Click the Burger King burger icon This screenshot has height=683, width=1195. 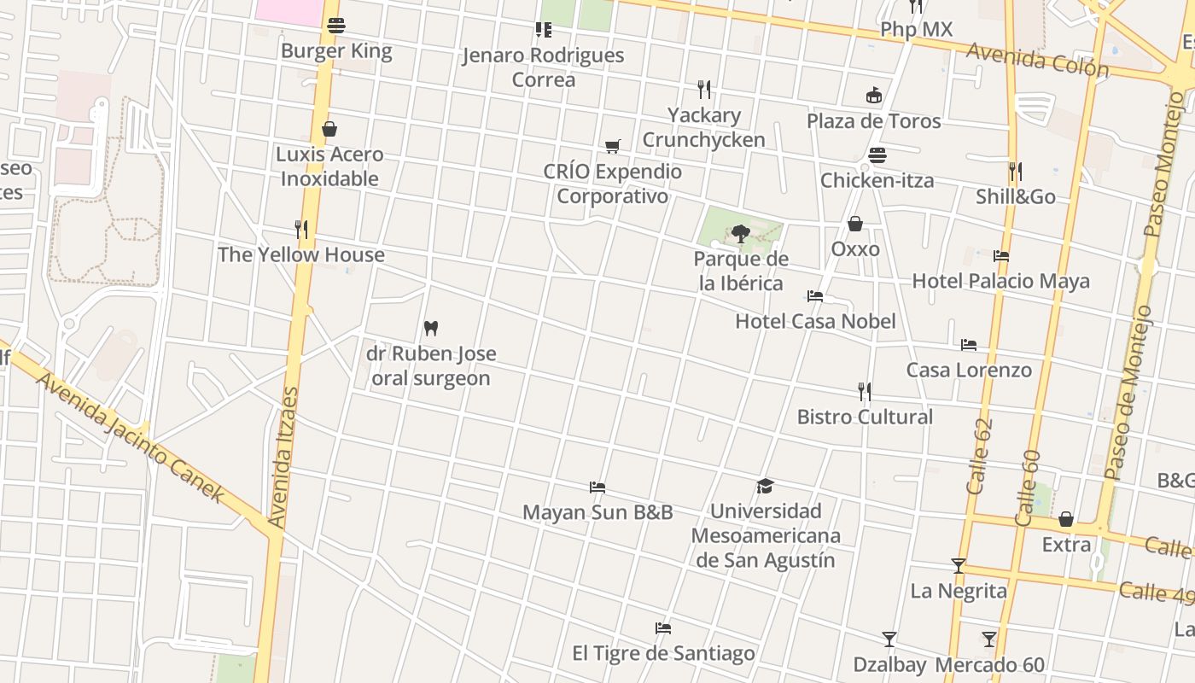[x=335, y=26]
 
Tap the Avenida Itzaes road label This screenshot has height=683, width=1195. [x=283, y=457]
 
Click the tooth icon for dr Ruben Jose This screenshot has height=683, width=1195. [x=431, y=328]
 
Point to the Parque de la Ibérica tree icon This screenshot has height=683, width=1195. [x=740, y=232]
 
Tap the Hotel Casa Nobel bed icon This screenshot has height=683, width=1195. [x=815, y=296]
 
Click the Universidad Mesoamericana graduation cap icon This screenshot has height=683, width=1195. [x=765, y=486]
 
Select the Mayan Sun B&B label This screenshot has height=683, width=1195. [x=597, y=512]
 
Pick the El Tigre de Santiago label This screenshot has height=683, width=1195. [x=663, y=654]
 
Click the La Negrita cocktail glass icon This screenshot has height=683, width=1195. [x=959, y=565]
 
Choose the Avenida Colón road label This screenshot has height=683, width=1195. [x=1037, y=60]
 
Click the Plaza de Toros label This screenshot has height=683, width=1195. [x=874, y=121]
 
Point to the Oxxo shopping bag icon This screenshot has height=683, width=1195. [x=855, y=224]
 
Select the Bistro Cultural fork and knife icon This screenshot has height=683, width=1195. [x=865, y=392]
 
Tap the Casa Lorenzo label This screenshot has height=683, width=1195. [x=969, y=371]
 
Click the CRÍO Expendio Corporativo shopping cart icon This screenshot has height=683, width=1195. [x=612, y=146]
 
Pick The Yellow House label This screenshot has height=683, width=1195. [x=301, y=254]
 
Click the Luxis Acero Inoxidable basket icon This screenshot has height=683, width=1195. [x=329, y=129]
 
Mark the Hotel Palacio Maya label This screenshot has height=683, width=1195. [x=1000, y=281]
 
